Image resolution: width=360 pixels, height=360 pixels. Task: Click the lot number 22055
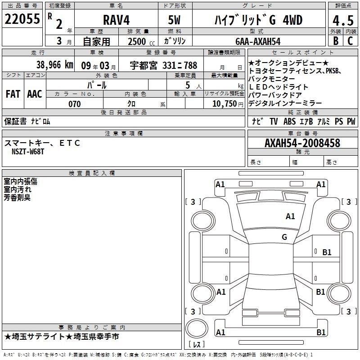22,19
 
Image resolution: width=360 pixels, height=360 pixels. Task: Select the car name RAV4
117,20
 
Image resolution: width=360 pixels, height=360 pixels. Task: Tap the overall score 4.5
343,21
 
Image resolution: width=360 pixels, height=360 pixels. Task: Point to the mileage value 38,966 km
54,65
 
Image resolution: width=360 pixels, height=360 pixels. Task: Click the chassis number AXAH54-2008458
302,143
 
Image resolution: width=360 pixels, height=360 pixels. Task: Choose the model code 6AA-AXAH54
258,41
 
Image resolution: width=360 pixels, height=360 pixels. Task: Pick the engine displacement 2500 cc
141,41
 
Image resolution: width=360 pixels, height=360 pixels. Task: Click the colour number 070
75,104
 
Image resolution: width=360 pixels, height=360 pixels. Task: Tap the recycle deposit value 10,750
225,104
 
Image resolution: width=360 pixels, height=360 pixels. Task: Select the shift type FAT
13,94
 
